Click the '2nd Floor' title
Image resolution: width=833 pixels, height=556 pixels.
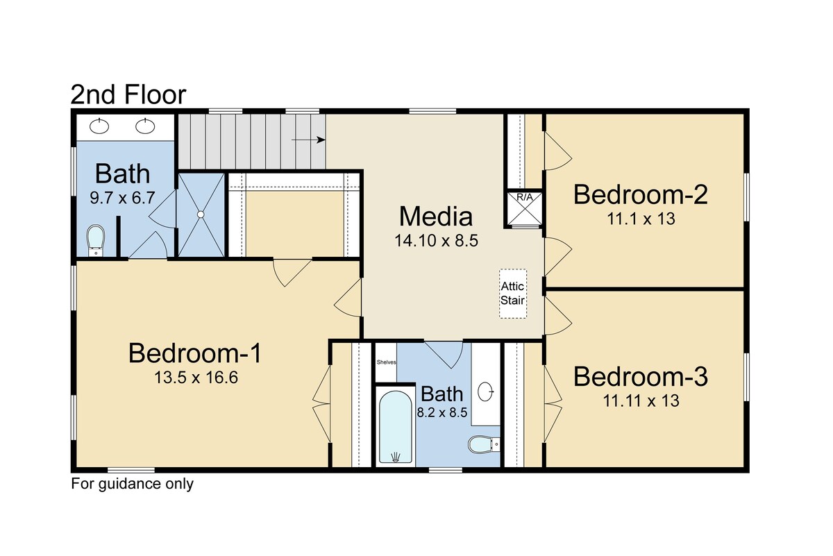point(128,94)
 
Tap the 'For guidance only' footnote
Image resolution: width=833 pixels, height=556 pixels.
point(133,484)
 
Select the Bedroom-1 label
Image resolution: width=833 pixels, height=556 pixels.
point(195,353)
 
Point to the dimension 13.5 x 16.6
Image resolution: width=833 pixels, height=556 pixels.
point(196,378)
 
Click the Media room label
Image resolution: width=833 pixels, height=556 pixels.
point(436,217)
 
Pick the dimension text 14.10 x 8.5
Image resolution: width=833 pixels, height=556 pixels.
point(436,241)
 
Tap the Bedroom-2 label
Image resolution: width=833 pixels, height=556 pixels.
point(641,194)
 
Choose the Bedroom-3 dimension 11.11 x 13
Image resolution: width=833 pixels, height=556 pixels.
point(641,401)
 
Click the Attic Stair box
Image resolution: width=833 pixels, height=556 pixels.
point(512,294)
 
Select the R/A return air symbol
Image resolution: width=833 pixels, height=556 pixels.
point(525,208)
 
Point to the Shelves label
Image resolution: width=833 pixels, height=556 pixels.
point(386,362)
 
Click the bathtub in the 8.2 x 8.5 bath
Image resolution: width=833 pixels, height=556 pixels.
point(395,427)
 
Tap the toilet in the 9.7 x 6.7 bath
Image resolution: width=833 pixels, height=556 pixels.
point(96,240)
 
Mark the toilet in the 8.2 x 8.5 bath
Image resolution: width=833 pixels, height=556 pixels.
point(483,444)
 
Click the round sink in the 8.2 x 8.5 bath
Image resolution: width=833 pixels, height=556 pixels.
point(485,391)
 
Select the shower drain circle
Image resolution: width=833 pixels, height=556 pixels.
point(201,214)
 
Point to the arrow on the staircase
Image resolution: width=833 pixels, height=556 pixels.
point(308,140)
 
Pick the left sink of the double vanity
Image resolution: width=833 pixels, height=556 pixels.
point(99,126)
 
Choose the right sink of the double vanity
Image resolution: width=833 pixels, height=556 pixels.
point(145,126)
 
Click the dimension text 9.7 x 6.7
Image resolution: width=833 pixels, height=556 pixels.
point(122,198)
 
